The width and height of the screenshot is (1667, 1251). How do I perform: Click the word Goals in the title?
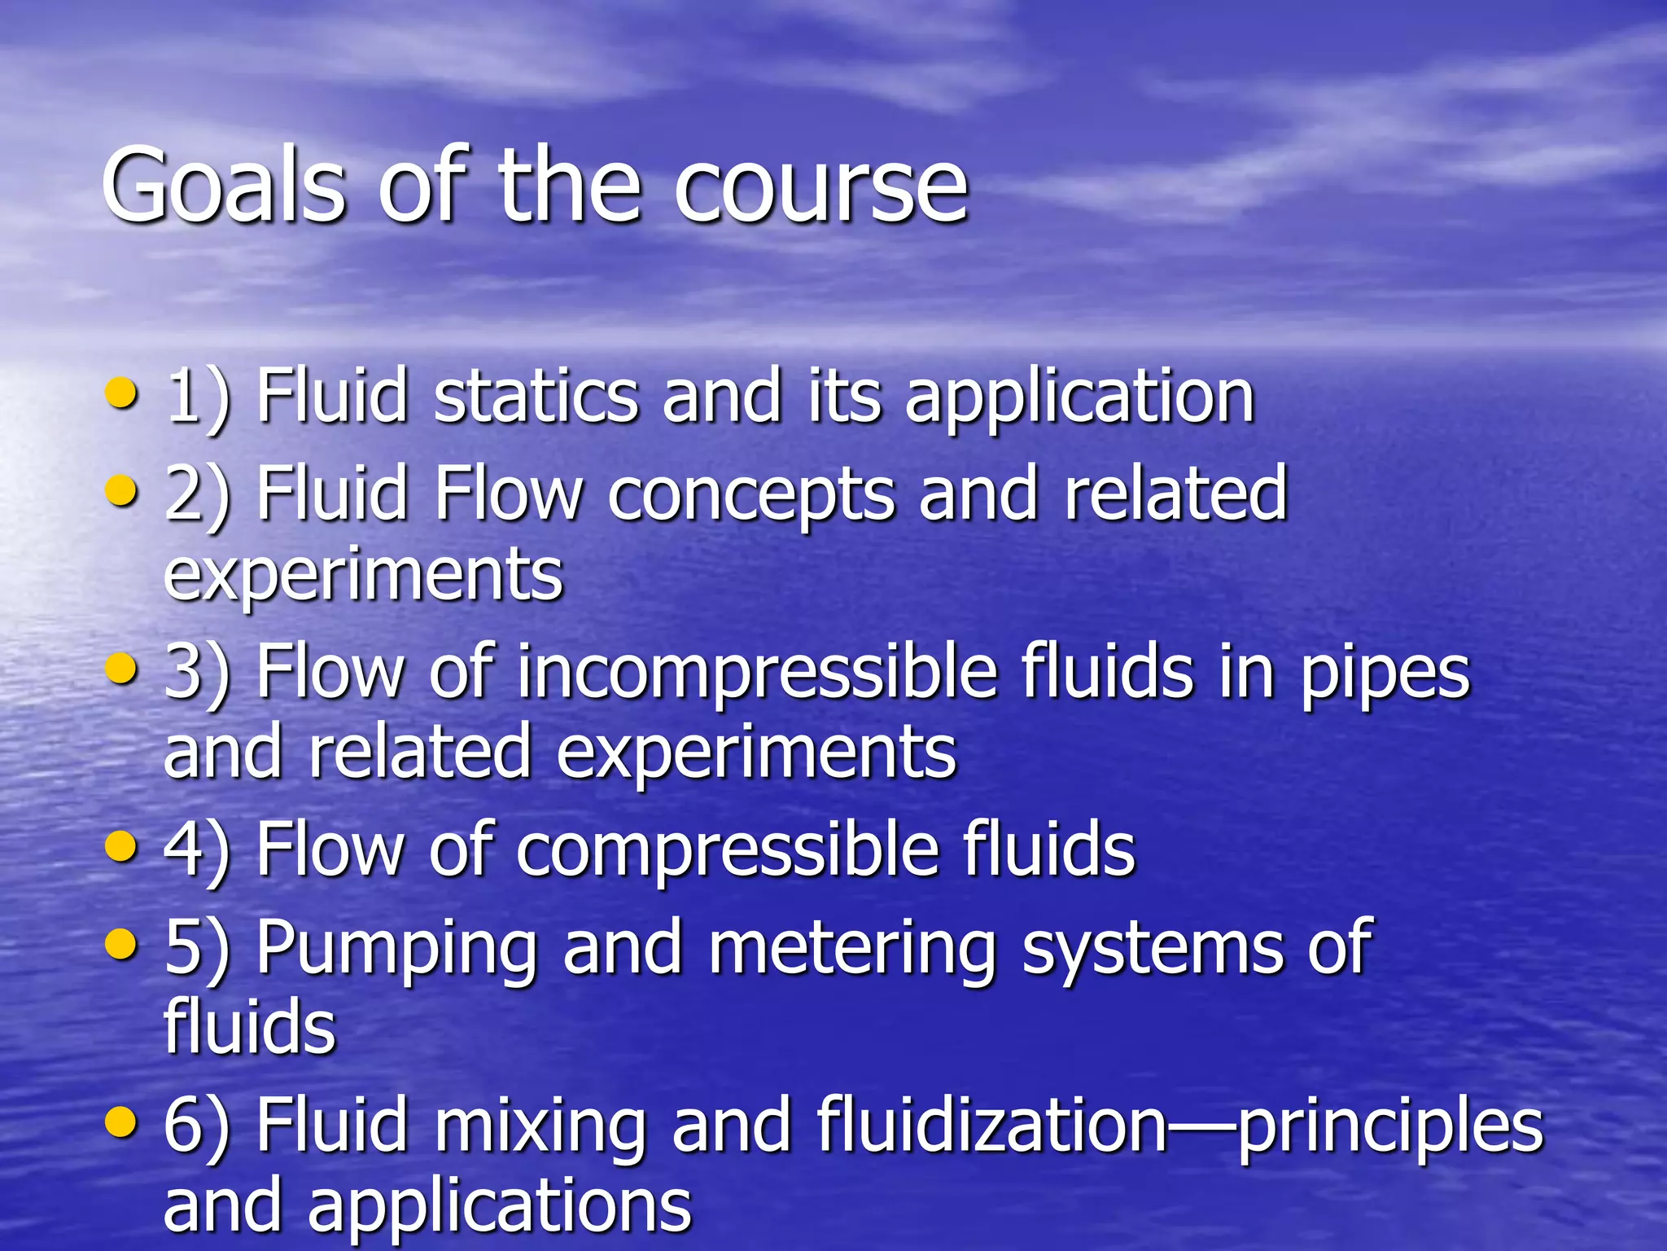(x=224, y=185)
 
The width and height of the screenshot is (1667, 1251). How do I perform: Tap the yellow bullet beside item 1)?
(x=122, y=393)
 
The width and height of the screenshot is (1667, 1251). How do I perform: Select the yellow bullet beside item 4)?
(x=122, y=846)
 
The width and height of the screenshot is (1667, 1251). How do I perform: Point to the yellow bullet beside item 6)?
(x=122, y=1120)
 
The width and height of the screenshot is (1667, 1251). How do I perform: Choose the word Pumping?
(x=396, y=950)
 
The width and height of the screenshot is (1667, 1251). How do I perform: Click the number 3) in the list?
(x=196, y=673)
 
